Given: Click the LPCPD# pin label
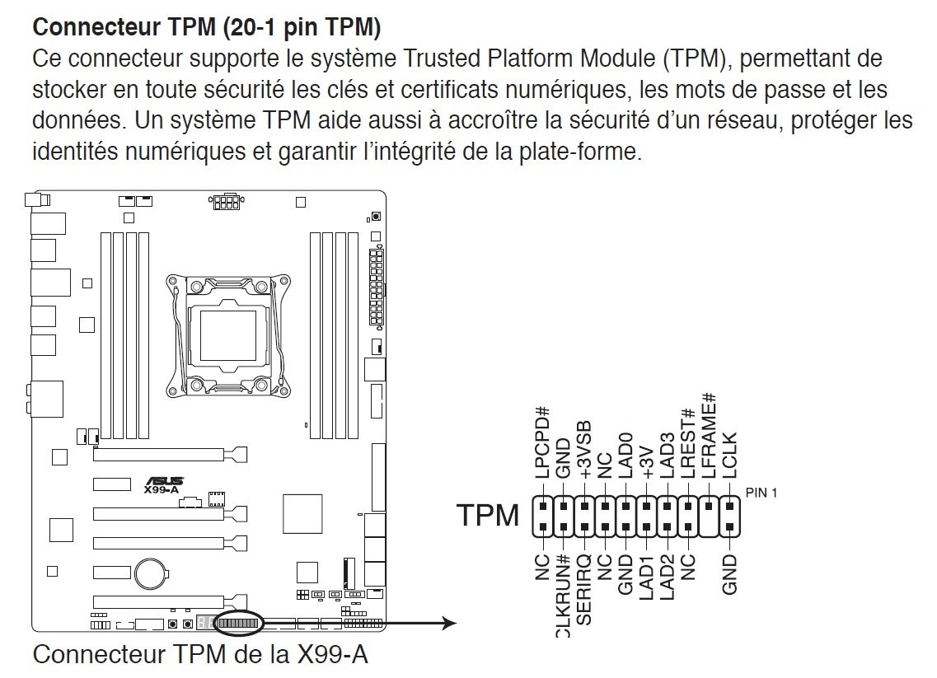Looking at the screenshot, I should pos(542,442).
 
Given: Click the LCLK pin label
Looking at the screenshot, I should pos(729,456).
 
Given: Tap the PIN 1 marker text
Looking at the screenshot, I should pos(761,493).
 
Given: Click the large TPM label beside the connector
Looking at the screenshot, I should pos(489,517).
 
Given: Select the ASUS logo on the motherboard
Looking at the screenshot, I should pos(165,480).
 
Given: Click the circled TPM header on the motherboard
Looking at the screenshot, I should pos(237,624).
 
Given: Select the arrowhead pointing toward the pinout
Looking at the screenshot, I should pos(449,624).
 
